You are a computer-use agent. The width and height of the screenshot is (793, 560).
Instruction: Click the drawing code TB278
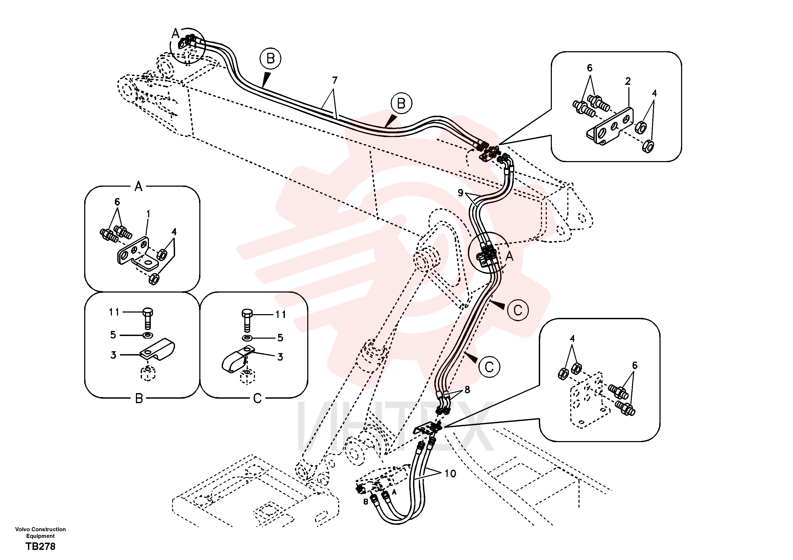coord(41,546)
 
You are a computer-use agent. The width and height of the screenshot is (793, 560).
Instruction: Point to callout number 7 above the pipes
coord(334,80)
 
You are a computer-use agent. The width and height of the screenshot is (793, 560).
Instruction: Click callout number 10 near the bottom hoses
coord(450,473)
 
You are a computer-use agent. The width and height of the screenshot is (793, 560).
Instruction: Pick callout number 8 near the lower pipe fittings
coord(467,390)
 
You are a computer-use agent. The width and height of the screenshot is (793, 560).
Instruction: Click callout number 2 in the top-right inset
coord(628,81)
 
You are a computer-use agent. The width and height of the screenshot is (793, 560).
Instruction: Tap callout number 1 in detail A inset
coord(148,214)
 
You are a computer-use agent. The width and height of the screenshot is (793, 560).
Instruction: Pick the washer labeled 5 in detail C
coord(247,337)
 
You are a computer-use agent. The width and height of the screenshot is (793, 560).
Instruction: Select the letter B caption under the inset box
coord(139,399)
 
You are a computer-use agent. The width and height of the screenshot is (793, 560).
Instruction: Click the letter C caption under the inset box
coord(257,399)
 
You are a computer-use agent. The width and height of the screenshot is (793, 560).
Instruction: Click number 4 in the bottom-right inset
coord(572,338)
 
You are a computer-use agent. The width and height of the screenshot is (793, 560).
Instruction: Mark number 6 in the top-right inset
coord(590,68)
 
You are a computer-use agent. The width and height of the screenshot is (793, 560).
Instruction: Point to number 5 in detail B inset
coord(113,335)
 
